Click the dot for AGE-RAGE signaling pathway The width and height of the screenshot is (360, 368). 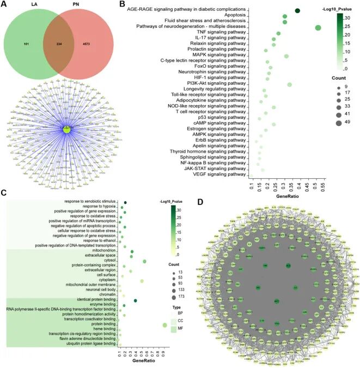pos(297,10)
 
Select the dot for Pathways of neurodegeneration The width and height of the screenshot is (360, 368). pos(318,28)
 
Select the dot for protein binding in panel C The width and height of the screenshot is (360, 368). pos(164,325)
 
